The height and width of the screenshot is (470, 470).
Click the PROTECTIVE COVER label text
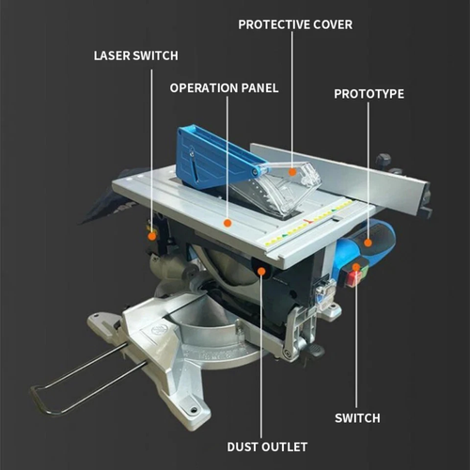point(294,23)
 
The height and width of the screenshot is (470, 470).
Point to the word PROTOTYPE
point(369,94)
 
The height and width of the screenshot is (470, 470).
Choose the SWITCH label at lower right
point(357,417)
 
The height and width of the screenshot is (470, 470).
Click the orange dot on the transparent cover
point(293,172)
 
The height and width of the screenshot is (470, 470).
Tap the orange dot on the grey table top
point(227,222)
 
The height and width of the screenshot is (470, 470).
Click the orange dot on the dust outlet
point(262,273)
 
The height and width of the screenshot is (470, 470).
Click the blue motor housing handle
point(376,249)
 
